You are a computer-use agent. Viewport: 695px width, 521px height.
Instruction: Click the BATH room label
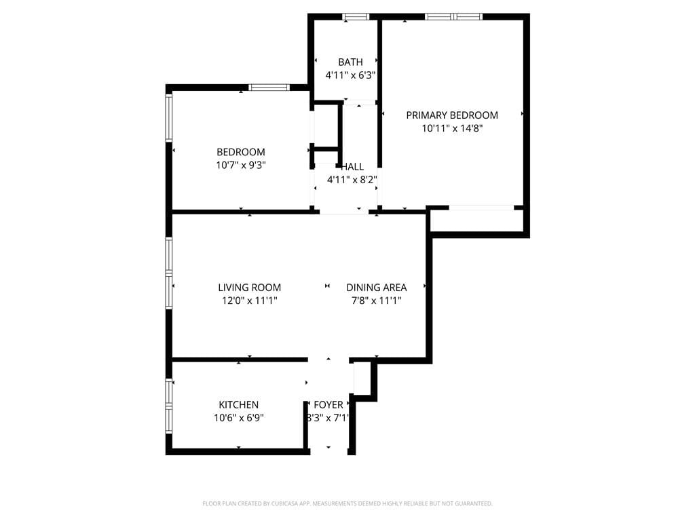350,62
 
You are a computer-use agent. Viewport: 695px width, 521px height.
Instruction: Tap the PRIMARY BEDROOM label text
452,115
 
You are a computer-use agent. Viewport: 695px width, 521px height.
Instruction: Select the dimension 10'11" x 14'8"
452,128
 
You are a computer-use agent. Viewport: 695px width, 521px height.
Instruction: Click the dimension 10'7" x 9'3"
240,165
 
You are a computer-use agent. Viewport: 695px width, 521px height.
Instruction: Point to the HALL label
352,167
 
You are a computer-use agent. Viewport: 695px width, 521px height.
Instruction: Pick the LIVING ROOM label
249,288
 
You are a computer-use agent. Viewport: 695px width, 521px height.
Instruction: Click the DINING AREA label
377,288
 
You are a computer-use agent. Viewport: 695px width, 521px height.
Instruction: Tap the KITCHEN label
238,405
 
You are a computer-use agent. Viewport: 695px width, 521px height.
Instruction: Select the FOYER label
328,405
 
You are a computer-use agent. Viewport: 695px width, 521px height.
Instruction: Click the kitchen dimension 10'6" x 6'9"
238,418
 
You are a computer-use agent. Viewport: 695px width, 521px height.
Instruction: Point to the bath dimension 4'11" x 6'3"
350,75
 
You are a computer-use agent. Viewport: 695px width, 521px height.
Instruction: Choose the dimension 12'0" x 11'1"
249,301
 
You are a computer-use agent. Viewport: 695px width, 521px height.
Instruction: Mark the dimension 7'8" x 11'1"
377,301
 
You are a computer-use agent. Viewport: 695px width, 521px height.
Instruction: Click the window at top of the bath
356,17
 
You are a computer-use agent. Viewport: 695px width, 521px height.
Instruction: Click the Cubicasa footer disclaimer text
347,503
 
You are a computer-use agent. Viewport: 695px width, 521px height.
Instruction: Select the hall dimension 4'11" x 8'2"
352,180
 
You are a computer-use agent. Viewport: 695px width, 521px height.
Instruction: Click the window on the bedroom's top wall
269,88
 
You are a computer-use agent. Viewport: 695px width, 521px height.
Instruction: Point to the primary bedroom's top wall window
453,17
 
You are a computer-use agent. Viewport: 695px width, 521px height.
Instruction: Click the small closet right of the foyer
362,379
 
